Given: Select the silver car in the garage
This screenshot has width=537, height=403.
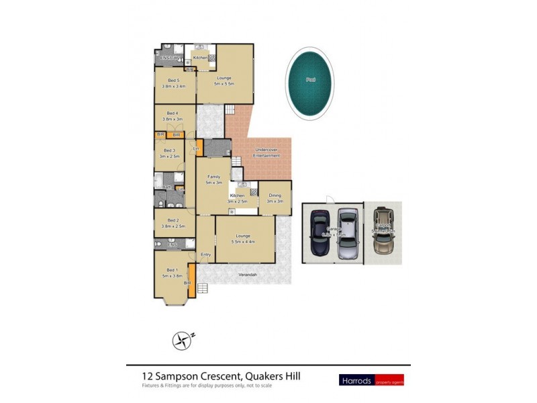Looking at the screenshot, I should [x=346, y=233].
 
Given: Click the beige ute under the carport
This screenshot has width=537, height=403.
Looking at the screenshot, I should [x=383, y=230].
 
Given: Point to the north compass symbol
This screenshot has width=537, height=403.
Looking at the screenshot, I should [x=182, y=341].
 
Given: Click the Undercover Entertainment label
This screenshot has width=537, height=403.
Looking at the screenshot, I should [x=266, y=152].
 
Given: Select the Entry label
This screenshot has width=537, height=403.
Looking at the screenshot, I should [x=205, y=255].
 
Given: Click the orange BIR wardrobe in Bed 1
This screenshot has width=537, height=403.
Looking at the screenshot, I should [x=191, y=275].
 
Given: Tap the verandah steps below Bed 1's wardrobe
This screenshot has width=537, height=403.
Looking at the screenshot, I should [x=202, y=289].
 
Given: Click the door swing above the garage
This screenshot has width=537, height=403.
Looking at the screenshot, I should [x=328, y=197].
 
